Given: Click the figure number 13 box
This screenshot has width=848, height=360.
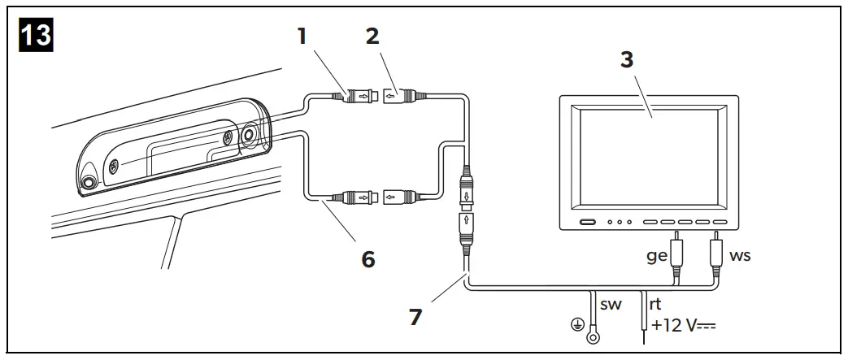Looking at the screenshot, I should pyautogui.click(x=35, y=36).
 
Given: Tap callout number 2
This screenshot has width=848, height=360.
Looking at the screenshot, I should pyautogui.click(x=372, y=36).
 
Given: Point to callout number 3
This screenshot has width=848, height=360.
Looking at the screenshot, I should pyautogui.click(x=626, y=60).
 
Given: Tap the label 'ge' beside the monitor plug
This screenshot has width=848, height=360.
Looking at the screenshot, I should pyautogui.click(x=656, y=255).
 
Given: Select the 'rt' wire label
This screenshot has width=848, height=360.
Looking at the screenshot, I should pyautogui.click(x=655, y=304).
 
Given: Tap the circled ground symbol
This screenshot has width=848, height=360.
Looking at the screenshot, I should pyautogui.click(x=577, y=326).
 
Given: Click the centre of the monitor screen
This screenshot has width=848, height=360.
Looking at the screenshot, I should pyautogui.click(x=648, y=156).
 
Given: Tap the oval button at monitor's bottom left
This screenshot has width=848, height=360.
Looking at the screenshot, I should pyautogui.click(x=587, y=222).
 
